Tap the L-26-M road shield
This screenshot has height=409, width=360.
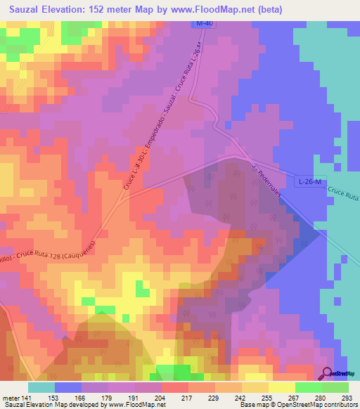(309, 182)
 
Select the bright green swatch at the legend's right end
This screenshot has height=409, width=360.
(335, 388)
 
